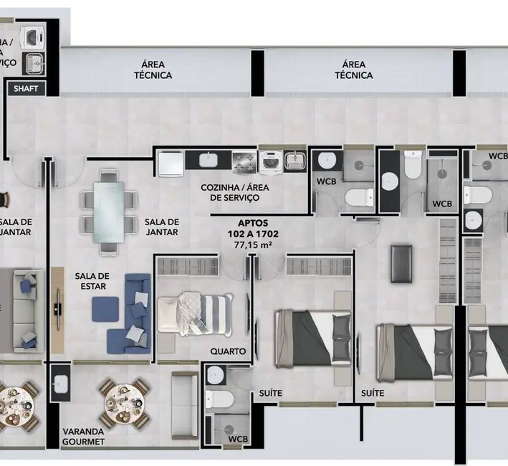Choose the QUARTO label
point(228,352)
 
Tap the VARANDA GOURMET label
point(83,437)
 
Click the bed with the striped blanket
point(196,313)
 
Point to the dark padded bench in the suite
point(401,263)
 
